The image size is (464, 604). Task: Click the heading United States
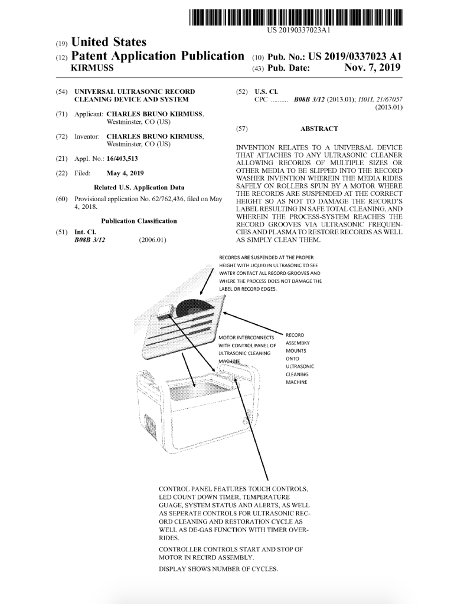point(109,42)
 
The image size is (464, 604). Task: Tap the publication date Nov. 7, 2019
point(372,68)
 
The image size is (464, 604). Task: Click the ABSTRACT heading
point(319,129)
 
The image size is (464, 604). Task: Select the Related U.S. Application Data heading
point(139,188)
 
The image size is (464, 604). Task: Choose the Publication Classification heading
point(139,221)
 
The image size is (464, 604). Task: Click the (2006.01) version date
point(152,240)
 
